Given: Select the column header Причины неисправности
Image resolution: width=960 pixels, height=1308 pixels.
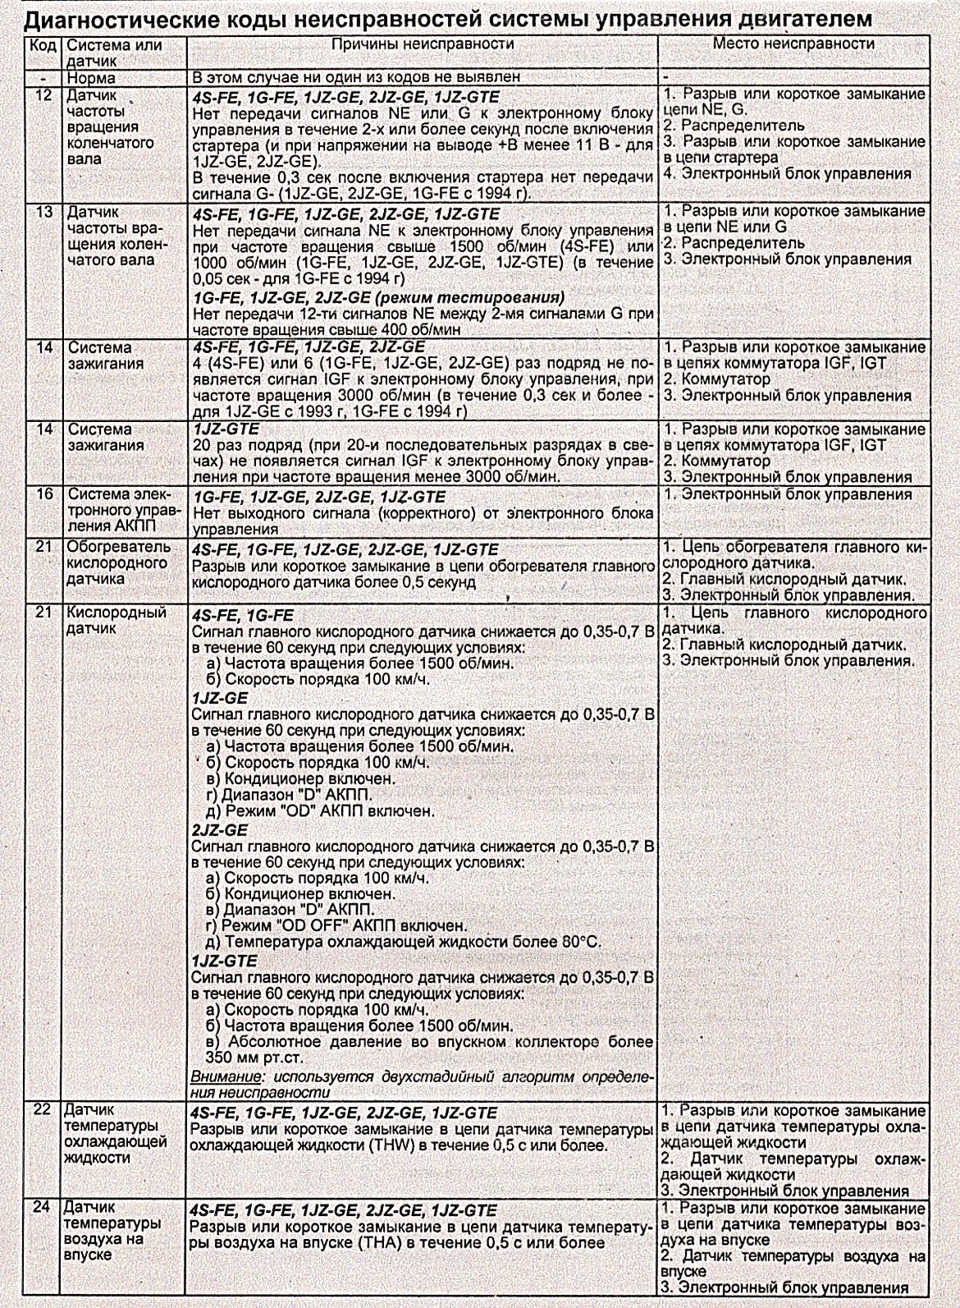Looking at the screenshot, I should click(422, 44).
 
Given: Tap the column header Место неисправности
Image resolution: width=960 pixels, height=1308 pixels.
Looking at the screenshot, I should click(793, 43).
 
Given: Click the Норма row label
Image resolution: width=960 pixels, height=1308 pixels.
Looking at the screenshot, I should click(92, 79).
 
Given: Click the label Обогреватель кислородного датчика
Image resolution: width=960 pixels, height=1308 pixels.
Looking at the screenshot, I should click(117, 563).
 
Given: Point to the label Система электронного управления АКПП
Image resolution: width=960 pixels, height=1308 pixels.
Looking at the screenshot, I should click(118, 512).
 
